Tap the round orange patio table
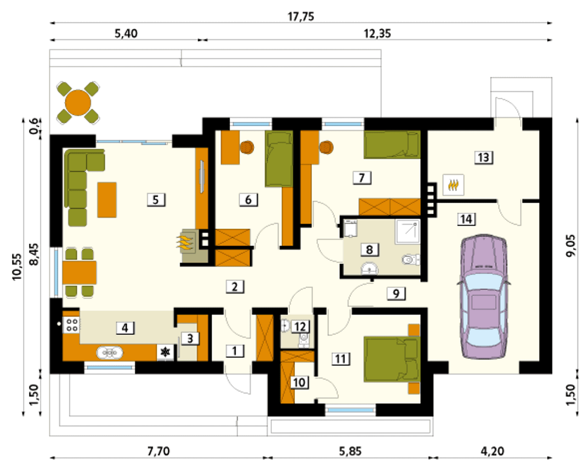coord(78,102)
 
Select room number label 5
coord(156,200)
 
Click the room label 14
coord(466,219)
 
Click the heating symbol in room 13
coord(453,185)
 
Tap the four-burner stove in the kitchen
coord(72,325)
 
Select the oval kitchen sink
coord(110,353)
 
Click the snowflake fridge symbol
coord(165,352)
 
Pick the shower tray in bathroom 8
coord(407,232)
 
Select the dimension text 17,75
coord(301,17)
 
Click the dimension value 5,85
coord(351,451)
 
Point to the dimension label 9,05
coord(571,245)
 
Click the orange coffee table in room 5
coord(107,200)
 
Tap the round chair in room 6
coord(247,147)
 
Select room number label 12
coord(301,326)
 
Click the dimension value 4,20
coord(492,451)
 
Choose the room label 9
coord(396,294)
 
